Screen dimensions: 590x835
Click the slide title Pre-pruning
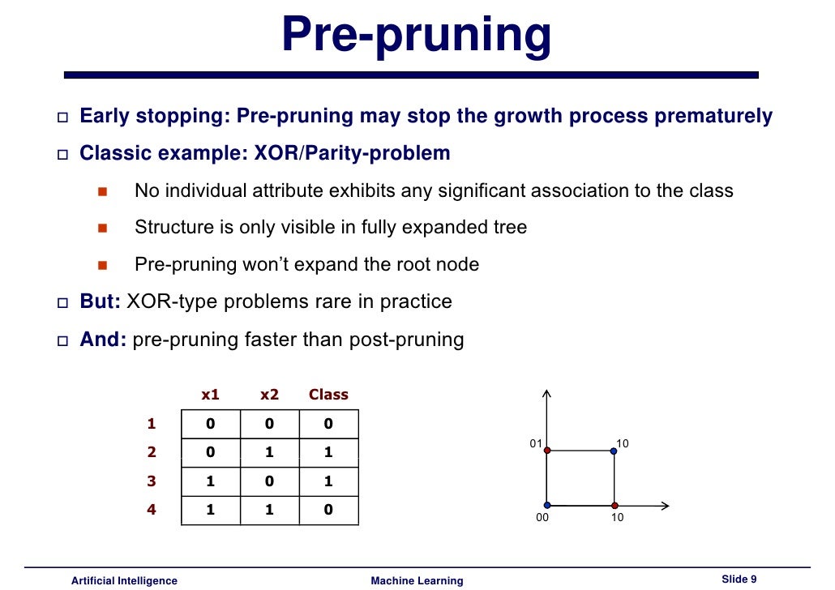coord(416,36)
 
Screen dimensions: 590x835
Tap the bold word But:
coord(101,301)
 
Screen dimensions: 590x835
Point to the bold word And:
coord(103,339)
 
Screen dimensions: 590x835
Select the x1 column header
coord(210,395)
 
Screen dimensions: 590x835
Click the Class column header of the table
coord(328,395)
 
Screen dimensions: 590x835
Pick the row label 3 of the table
coord(151,481)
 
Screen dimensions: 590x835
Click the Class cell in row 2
coord(328,452)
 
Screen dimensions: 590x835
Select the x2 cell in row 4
coord(269,510)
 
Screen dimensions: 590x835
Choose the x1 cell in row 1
coord(211,424)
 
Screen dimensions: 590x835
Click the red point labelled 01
coord(547,451)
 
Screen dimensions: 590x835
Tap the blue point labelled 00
coord(547,505)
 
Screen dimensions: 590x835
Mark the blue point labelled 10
coord(614,451)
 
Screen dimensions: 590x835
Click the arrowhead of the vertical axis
coord(547,394)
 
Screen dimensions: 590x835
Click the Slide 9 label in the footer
coord(739,579)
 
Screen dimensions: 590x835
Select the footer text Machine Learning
coord(417,580)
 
